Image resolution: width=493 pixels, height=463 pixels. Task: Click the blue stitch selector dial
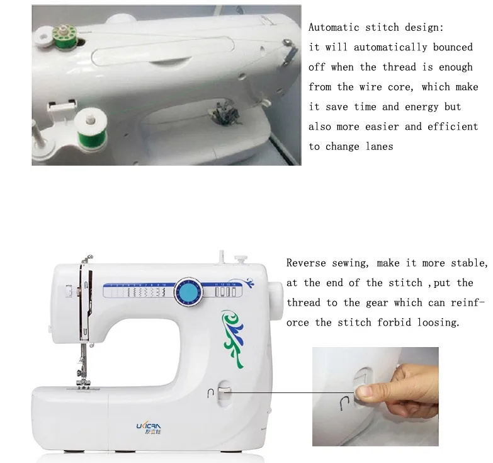pyautogui.click(x=188, y=292)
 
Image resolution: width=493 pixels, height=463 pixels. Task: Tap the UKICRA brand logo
pyautogui.click(x=149, y=428)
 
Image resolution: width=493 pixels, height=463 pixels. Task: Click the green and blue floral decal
pyautogui.click(x=233, y=338)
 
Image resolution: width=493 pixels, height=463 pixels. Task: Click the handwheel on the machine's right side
pyautogui.click(x=275, y=301)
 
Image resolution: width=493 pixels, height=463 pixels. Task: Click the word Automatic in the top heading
pyautogui.click(x=334, y=27)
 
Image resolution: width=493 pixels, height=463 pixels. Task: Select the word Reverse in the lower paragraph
pyautogui.click(x=306, y=263)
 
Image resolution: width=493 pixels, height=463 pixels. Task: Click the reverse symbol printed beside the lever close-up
pyautogui.click(x=344, y=404)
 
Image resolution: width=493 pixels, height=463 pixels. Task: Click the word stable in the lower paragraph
pyautogui.click(x=469, y=263)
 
